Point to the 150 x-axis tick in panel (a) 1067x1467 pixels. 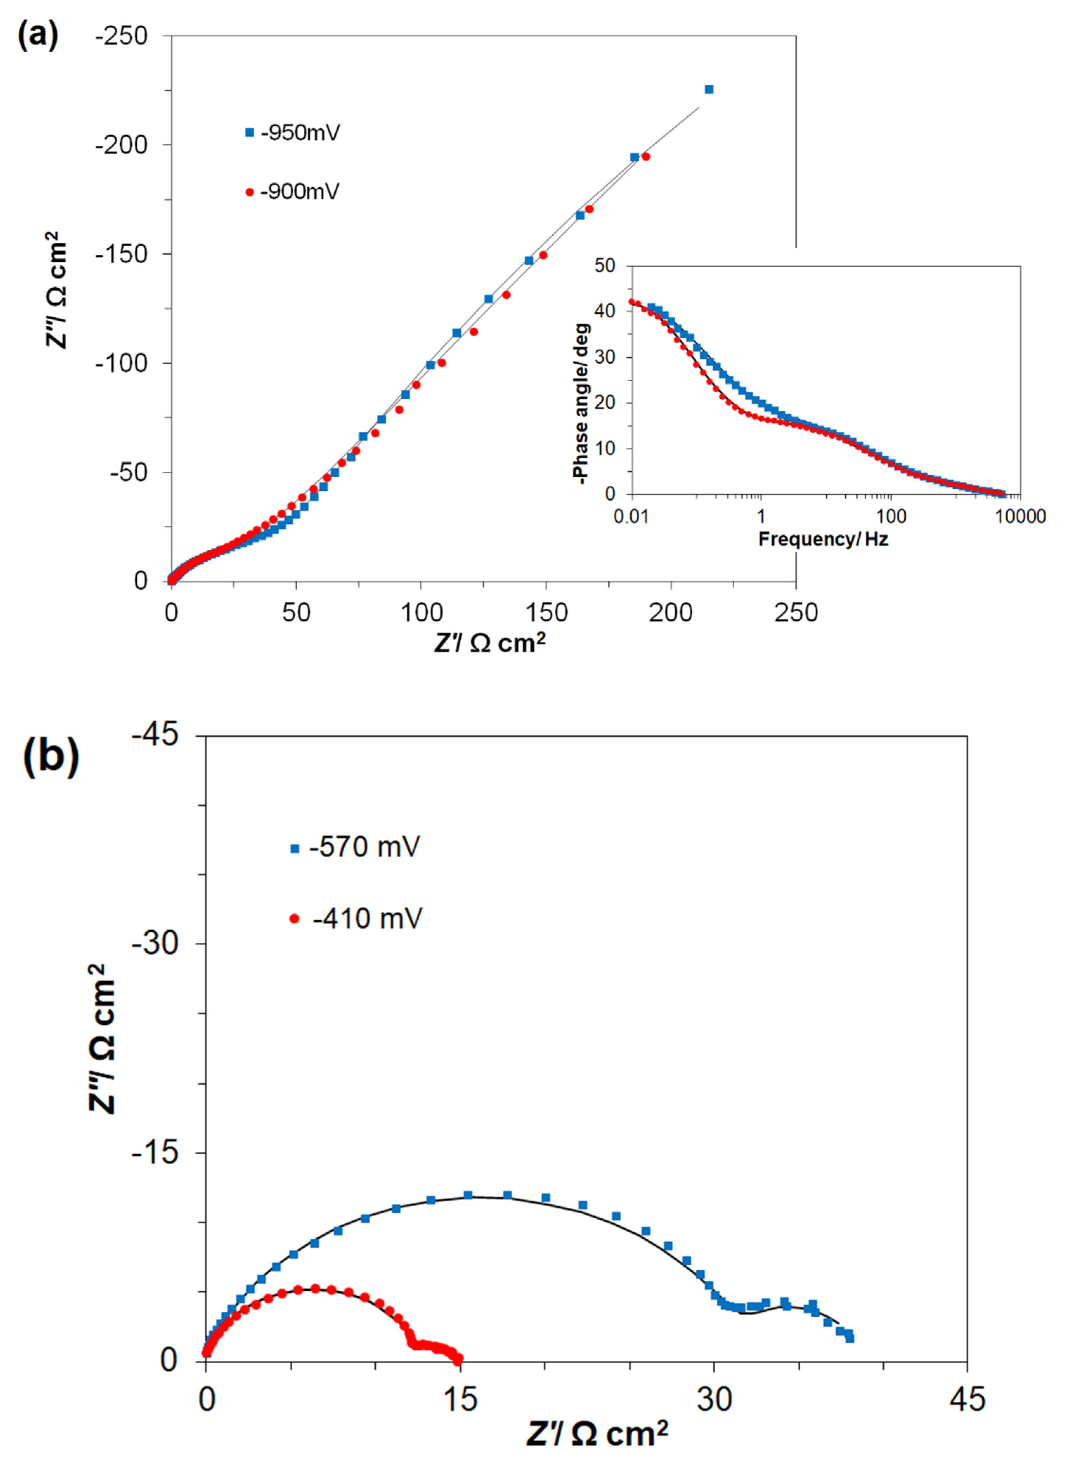tap(546, 612)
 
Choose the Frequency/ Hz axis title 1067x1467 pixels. tap(823, 539)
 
